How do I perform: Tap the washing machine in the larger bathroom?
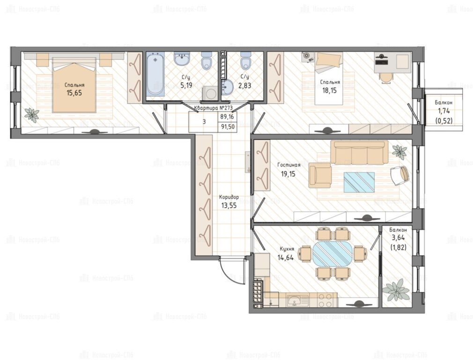click(x=210, y=93)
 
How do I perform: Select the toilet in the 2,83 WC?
click(x=245, y=60)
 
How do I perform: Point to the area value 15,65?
click(x=74, y=93)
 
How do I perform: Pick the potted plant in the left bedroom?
click(x=32, y=115)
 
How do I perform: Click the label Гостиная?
click(x=288, y=165)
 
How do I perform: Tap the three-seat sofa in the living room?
click(x=359, y=152)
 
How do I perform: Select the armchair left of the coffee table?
click(x=320, y=176)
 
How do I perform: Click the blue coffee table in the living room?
click(x=359, y=182)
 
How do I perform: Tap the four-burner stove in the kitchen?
click(x=327, y=300)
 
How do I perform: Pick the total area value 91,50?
click(x=228, y=127)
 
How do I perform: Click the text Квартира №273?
click(x=213, y=108)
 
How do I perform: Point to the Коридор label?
click(x=229, y=197)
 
